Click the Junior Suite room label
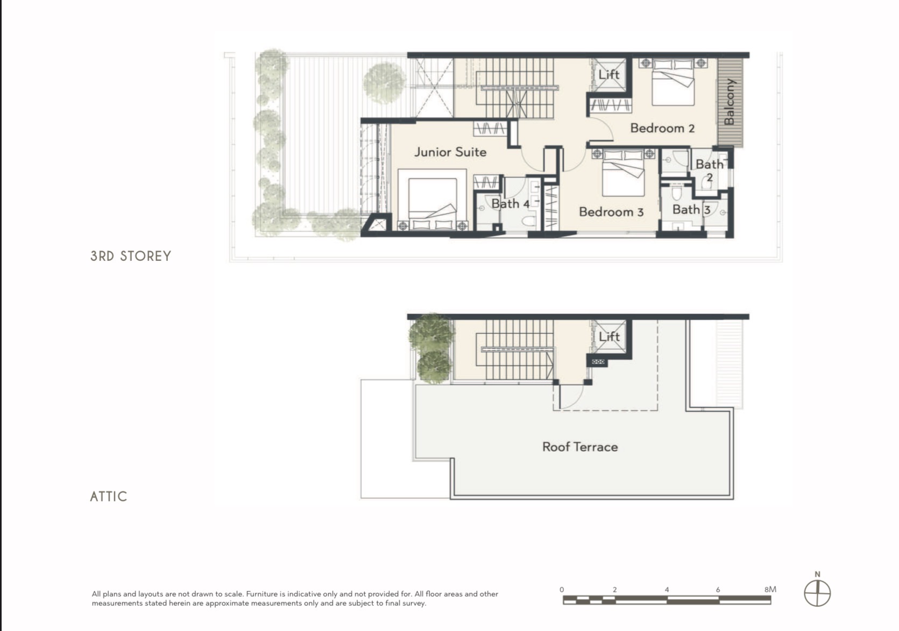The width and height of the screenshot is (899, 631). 450,152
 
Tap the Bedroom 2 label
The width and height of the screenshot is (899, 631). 662,129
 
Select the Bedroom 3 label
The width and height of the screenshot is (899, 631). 611,212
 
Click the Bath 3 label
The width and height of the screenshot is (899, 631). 691,210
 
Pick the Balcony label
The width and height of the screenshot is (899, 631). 730,102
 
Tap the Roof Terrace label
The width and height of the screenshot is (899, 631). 580,447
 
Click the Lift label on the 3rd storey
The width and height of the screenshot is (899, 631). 609,75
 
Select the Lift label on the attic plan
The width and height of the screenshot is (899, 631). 609,336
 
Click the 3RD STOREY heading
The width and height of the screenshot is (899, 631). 131,256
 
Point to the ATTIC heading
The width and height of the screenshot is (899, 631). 108,497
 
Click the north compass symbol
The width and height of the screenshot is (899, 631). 817,593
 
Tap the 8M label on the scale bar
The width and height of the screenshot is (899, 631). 770,589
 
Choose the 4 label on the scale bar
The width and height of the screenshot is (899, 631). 667,590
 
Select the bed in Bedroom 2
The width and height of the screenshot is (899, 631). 673,82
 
